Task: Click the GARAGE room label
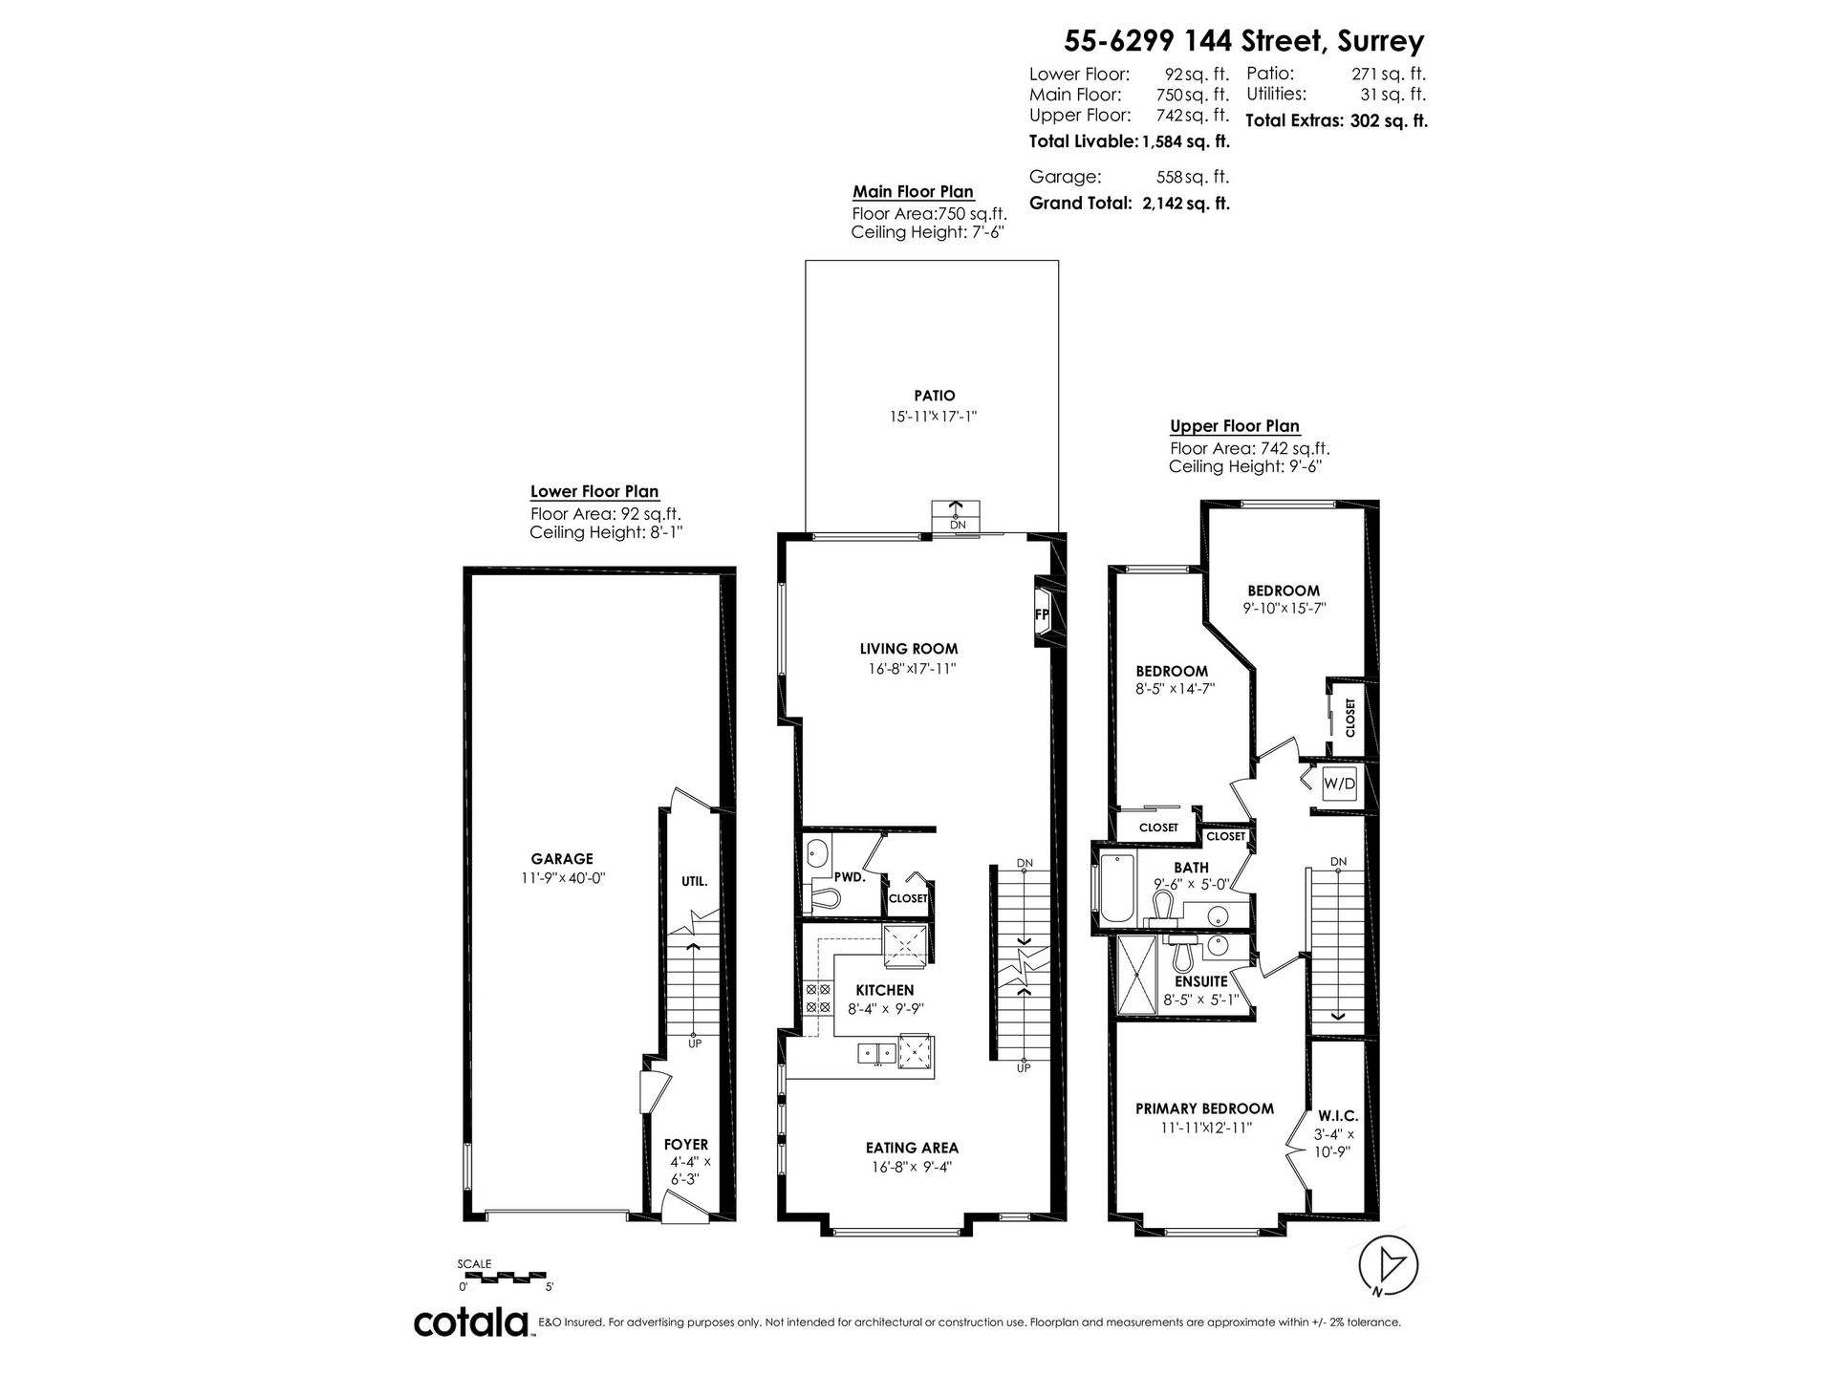[562, 859]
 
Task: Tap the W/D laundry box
[1339, 784]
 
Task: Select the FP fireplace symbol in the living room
[1041, 613]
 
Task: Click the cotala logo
[472, 1322]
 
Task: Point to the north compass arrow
[1389, 1267]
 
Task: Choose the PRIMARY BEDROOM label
[1204, 1108]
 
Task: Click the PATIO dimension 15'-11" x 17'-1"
[932, 417]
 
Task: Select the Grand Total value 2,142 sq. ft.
[1186, 204]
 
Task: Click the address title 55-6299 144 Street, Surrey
[1244, 41]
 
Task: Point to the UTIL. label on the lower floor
[694, 882]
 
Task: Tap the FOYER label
[686, 1145]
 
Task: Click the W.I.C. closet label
[1338, 1116]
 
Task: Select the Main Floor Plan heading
[913, 192]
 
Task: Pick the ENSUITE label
[1200, 981]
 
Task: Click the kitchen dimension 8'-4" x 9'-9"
[886, 1008]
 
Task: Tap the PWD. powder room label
[850, 876]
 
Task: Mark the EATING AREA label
[912, 1148]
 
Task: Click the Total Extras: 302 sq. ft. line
[1337, 121]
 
